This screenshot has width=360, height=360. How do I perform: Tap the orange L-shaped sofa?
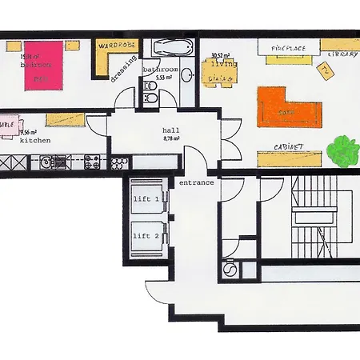click(288, 109)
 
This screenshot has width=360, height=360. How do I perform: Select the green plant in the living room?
click(345, 150)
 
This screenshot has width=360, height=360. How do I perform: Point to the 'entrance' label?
click(196, 182)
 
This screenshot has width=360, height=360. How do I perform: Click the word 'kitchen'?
click(35, 141)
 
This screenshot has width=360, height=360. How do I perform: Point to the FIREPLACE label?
click(288, 49)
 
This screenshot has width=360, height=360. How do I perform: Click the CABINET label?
click(288, 148)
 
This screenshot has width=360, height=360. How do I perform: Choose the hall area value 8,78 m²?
click(173, 138)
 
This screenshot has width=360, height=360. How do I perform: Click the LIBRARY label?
click(342, 54)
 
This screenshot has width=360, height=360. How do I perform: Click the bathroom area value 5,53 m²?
click(165, 78)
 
